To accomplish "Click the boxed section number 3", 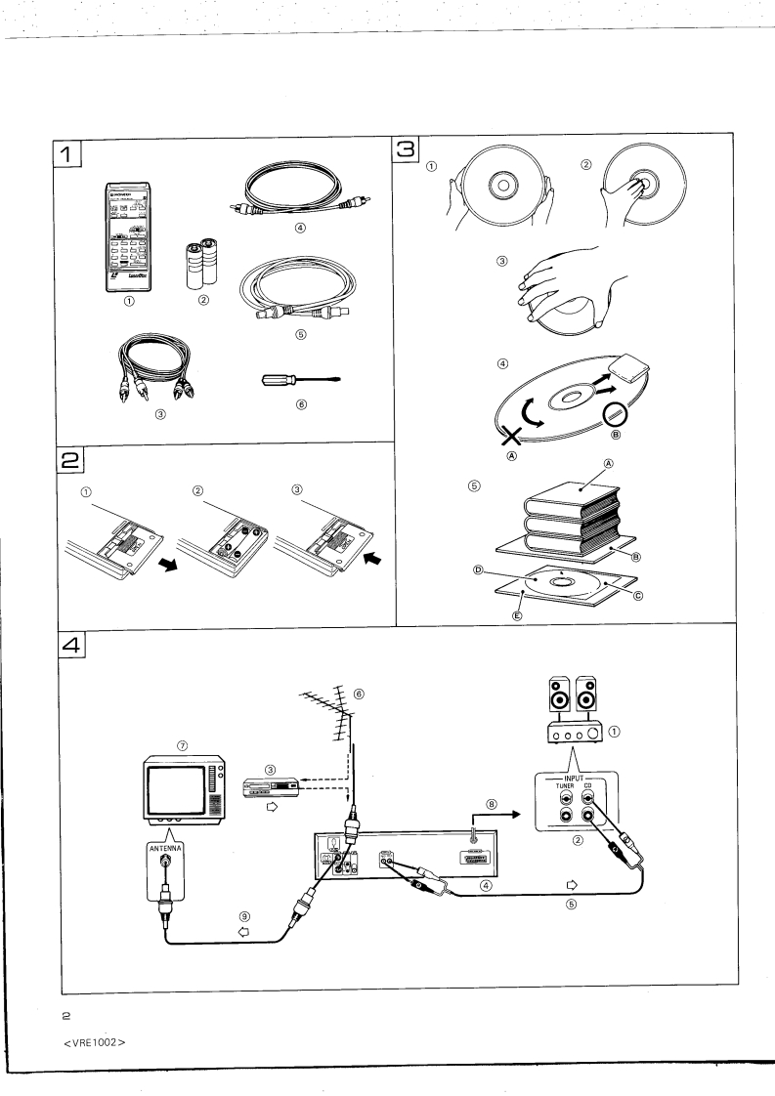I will coord(407,149).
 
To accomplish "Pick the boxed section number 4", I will coord(74,645).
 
